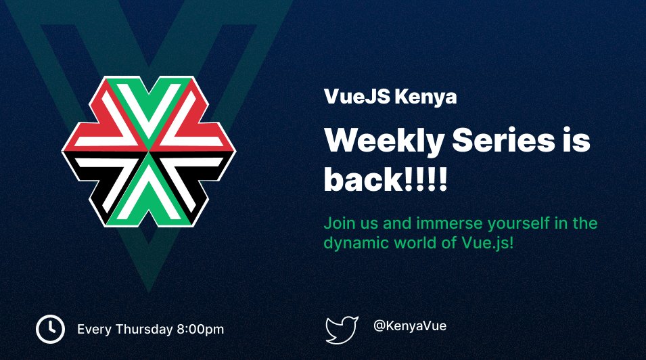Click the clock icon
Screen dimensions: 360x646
50,329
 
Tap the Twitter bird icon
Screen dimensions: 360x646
342,330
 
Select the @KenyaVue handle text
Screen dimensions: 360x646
410,325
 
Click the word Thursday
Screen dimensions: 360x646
143,330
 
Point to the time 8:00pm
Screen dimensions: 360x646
200,330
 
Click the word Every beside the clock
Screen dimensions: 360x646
93,330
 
